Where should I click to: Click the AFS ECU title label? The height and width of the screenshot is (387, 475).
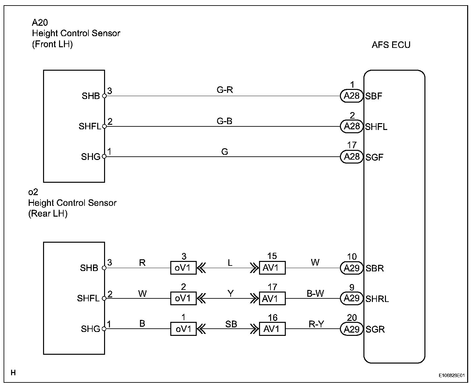pos(391,45)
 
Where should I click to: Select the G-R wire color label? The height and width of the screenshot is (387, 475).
pos(224,90)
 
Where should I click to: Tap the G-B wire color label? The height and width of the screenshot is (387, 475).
pos(224,121)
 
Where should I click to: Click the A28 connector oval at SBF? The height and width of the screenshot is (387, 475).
pos(351,96)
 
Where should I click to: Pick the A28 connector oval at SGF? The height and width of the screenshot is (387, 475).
pos(351,156)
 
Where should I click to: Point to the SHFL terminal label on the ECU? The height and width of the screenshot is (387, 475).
pos(376,127)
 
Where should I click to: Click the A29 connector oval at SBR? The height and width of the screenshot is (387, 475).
pos(351,268)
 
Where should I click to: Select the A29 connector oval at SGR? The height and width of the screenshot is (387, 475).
pos(351,329)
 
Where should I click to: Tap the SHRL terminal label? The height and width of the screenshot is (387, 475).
pos(377,299)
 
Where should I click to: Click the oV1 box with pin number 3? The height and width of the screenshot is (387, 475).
pos(183,267)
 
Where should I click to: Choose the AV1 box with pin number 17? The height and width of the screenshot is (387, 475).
pos(272,298)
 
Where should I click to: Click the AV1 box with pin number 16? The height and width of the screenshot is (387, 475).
pos(272,329)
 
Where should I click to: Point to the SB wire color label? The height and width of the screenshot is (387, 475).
pos(231,324)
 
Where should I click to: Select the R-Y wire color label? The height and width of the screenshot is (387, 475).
pos(316,324)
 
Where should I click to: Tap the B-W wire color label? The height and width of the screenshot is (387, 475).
pos(315,293)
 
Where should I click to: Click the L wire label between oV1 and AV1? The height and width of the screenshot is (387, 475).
pos(230,263)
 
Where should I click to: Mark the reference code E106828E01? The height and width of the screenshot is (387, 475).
pos(452,375)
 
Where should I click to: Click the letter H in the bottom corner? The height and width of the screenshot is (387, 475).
pos(13,373)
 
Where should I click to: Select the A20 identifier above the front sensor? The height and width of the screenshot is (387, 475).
pos(40,22)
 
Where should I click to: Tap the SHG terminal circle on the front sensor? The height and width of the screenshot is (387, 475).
pos(104,156)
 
